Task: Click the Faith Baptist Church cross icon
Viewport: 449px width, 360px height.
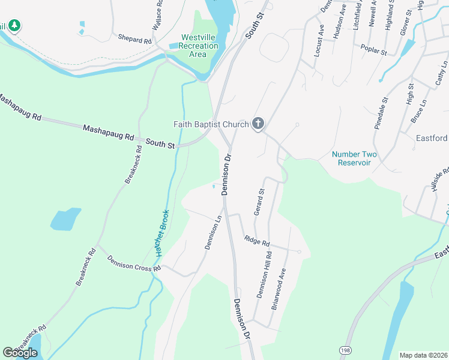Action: click(x=258, y=124)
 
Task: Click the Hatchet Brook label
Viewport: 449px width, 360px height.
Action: click(x=161, y=233)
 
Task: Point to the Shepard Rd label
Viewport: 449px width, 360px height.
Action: click(x=135, y=40)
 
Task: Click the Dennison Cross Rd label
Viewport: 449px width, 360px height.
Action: click(x=134, y=263)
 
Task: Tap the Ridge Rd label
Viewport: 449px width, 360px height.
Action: click(x=257, y=241)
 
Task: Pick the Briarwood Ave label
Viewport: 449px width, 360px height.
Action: click(x=279, y=292)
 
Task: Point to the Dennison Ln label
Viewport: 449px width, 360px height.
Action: click(x=214, y=233)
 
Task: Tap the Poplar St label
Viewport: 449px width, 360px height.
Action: click(x=373, y=50)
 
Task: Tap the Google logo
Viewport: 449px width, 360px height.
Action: click(x=20, y=353)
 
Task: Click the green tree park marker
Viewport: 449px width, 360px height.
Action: click(x=14, y=26)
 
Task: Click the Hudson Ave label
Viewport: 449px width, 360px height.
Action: click(x=340, y=24)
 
